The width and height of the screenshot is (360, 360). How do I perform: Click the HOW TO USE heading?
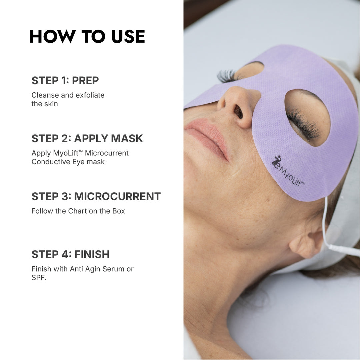(x=87, y=37)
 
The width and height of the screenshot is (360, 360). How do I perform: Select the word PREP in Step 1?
(x=85, y=81)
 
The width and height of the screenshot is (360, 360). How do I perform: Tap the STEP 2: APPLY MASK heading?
(x=87, y=139)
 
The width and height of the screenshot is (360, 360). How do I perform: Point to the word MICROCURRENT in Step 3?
(x=117, y=197)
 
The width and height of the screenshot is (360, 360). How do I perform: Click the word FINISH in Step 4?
(x=92, y=255)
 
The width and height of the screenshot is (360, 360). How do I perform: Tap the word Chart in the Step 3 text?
(x=78, y=211)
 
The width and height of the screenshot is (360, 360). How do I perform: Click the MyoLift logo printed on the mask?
(x=287, y=171)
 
